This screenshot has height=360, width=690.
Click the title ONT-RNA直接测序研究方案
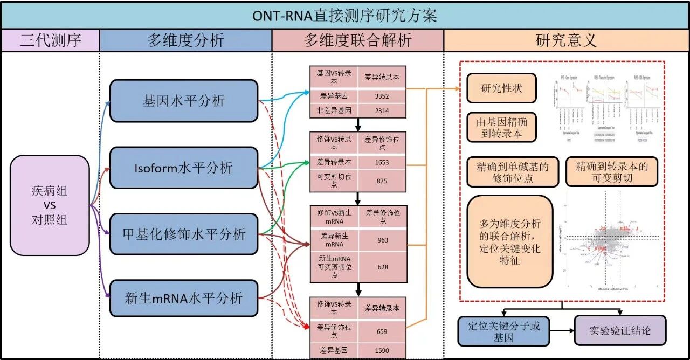tap(345, 16)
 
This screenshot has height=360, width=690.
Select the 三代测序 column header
tap(51, 40)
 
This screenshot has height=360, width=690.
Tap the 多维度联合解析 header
tap(357, 40)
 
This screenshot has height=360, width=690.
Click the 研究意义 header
tap(566, 40)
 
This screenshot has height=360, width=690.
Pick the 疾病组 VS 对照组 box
tap(50, 205)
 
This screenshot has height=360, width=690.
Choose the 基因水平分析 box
tap(184, 101)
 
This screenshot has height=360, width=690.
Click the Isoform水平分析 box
tap(184, 168)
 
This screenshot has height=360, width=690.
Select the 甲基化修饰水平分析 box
tap(184, 234)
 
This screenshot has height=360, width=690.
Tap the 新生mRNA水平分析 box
tap(184, 298)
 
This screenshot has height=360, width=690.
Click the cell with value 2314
tap(382, 111)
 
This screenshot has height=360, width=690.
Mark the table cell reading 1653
tap(382, 162)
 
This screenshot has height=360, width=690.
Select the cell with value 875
tap(382, 181)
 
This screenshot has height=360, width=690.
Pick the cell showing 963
tap(382, 240)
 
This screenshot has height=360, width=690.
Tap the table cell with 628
tap(382, 267)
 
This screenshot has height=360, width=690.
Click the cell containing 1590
tap(382, 351)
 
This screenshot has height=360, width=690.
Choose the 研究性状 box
tap(501, 88)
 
